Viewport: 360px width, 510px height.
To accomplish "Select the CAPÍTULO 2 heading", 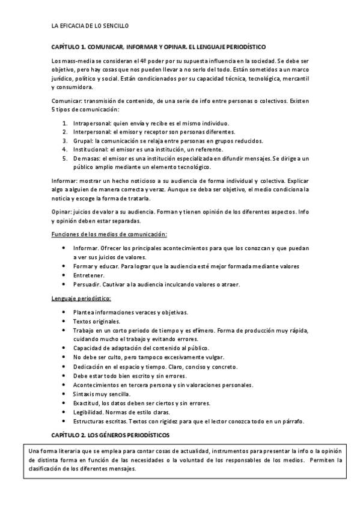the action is tap(111, 434).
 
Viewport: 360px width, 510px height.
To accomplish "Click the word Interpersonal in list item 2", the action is tap(92, 132).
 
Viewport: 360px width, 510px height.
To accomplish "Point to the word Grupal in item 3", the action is tap(82, 141).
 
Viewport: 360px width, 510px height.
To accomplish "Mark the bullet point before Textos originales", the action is tap(64, 321).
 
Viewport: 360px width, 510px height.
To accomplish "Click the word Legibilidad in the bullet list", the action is tap(89, 412).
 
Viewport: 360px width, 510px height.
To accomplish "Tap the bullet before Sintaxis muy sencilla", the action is tap(64, 394).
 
